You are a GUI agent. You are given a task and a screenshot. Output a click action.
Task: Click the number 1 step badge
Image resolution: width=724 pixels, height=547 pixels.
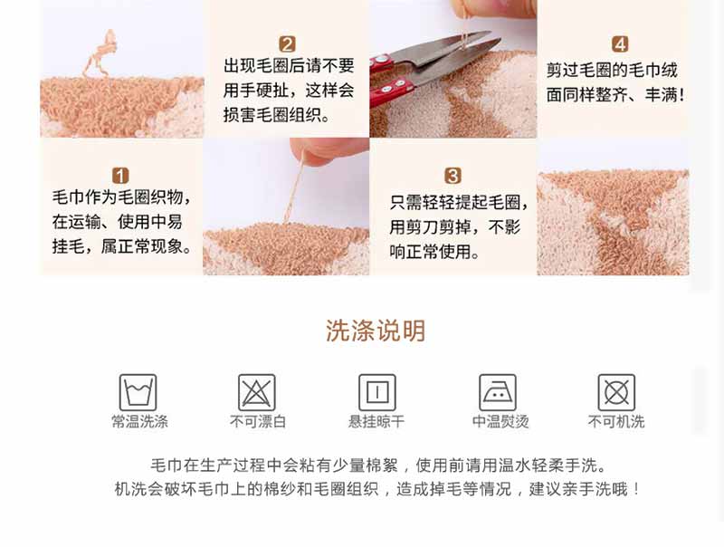pyautogui.click(x=120, y=176)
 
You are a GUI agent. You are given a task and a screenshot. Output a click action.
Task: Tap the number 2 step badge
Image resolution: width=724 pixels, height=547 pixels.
pyautogui.click(x=287, y=44)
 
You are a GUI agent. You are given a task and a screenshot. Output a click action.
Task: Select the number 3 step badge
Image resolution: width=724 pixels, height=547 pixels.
pyautogui.click(x=452, y=176)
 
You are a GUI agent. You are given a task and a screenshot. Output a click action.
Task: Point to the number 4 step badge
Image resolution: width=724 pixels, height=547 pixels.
pyautogui.click(x=620, y=44)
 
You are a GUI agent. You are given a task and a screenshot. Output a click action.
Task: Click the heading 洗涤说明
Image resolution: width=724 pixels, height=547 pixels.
pyautogui.click(x=376, y=331)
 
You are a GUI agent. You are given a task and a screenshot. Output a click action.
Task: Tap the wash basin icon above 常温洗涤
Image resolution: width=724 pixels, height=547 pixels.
pyautogui.click(x=138, y=393)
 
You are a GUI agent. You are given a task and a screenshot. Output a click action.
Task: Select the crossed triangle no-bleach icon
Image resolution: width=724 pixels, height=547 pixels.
pyautogui.click(x=257, y=393)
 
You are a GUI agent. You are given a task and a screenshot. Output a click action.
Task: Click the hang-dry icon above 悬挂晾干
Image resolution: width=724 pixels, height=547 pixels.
pyautogui.click(x=377, y=393)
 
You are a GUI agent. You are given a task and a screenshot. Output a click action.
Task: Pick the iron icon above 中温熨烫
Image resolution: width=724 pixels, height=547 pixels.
pyautogui.click(x=498, y=393)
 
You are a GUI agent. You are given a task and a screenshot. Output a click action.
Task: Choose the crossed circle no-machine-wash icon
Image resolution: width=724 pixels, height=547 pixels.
pyautogui.click(x=616, y=393)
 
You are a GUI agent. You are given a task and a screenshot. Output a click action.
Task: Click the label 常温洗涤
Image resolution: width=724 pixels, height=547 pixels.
pyautogui.click(x=139, y=421)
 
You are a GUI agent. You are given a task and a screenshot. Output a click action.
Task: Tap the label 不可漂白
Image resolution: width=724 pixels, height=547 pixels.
pyautogui.click(x=258, y=421)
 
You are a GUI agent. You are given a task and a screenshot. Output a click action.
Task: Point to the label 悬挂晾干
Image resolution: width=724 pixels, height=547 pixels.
pyautogui.click(x=376, y=421)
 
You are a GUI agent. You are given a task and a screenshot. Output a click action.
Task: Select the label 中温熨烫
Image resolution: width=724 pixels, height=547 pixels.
pyautogui.click(x=500, y=421)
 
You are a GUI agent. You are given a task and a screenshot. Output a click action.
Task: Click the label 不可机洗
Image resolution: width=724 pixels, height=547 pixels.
pyautogui.click(x=616, y=421)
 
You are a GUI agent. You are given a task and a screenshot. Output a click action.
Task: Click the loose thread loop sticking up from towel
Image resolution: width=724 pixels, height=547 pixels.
pyautogui.click(x=100, y=54)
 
